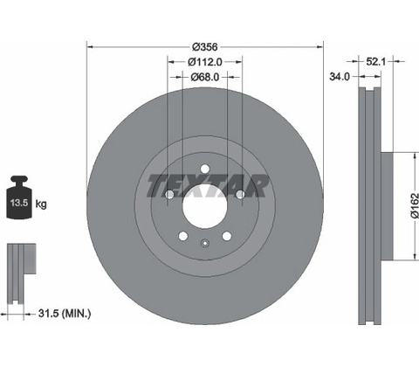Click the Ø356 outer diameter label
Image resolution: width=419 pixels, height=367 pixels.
[205, 46]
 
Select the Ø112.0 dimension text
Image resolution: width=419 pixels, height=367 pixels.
[205, 62]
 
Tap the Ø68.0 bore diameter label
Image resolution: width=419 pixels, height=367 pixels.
[205, 77]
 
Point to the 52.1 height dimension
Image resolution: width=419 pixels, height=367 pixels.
[375, 61]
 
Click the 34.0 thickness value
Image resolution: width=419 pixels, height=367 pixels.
[340, 77]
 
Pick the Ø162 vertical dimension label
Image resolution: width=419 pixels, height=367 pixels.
[415, 205]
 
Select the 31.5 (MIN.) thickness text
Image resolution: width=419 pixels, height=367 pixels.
[65, 314]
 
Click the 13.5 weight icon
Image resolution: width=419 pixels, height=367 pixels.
[19, 197]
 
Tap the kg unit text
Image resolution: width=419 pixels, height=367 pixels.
[41, 204]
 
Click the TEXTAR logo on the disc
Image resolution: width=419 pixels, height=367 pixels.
[208, 186]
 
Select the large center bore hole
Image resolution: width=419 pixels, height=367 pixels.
[205, 206]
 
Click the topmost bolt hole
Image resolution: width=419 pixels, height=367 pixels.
[205, 169]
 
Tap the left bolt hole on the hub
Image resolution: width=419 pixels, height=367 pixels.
[169, 194]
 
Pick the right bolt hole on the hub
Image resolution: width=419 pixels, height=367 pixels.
[240, 194]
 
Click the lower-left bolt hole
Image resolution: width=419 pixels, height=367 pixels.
[183, 236]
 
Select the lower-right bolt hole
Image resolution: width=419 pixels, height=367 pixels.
[227, 236]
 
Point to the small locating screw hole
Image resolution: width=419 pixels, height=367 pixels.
[205, 243]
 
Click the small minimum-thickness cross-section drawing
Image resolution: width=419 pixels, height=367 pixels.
[21, 274]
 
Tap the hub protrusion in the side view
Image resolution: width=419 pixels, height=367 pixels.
[387, 206]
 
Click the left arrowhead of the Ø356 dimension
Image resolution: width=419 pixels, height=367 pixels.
[90, 46]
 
